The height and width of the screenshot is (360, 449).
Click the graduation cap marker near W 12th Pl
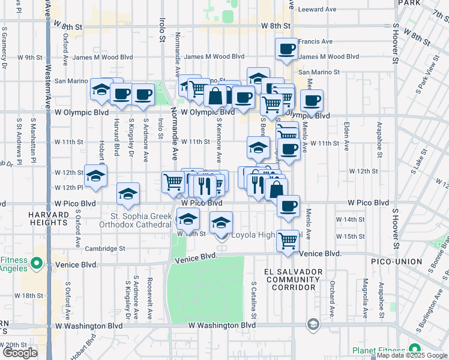(128, 194)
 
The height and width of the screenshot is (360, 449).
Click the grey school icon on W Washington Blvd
(312, 325)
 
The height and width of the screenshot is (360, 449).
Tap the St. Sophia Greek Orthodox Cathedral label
(141, 220)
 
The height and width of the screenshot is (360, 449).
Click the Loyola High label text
(257, 235)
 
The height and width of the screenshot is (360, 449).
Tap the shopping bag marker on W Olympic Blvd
(215, 96)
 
